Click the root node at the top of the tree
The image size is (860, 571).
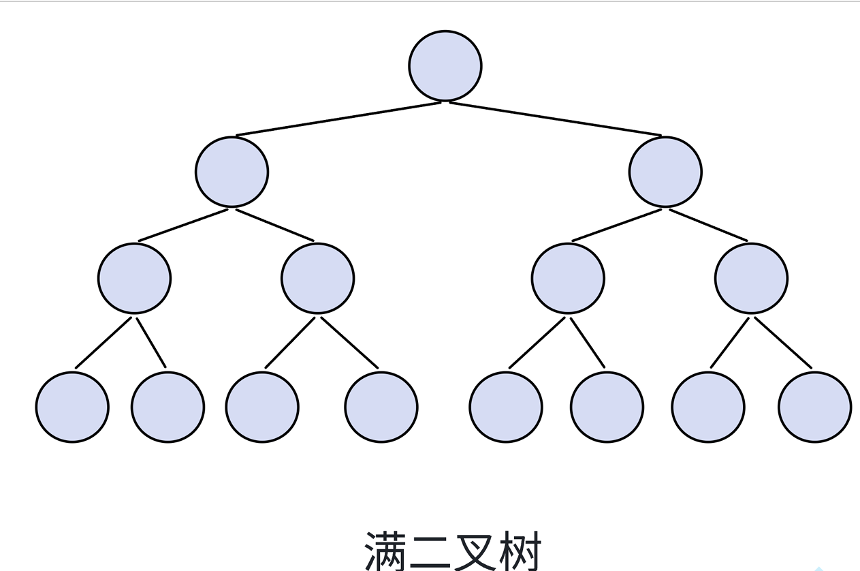445,66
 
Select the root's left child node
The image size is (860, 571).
232,172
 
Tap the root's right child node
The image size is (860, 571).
665,172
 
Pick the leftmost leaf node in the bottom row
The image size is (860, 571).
72,407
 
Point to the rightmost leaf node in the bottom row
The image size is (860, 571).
814,407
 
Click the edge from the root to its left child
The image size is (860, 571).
338,119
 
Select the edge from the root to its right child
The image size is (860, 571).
555,119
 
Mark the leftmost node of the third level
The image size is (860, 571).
134,278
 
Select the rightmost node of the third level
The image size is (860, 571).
751,278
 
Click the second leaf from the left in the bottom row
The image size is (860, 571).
168,407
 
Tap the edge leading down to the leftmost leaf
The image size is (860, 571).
103,342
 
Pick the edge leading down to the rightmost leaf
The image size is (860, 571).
782,343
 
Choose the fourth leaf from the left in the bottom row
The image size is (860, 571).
381,407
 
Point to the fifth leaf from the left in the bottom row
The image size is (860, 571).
506,407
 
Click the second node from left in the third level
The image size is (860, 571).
317,278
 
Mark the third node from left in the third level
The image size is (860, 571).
568,278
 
